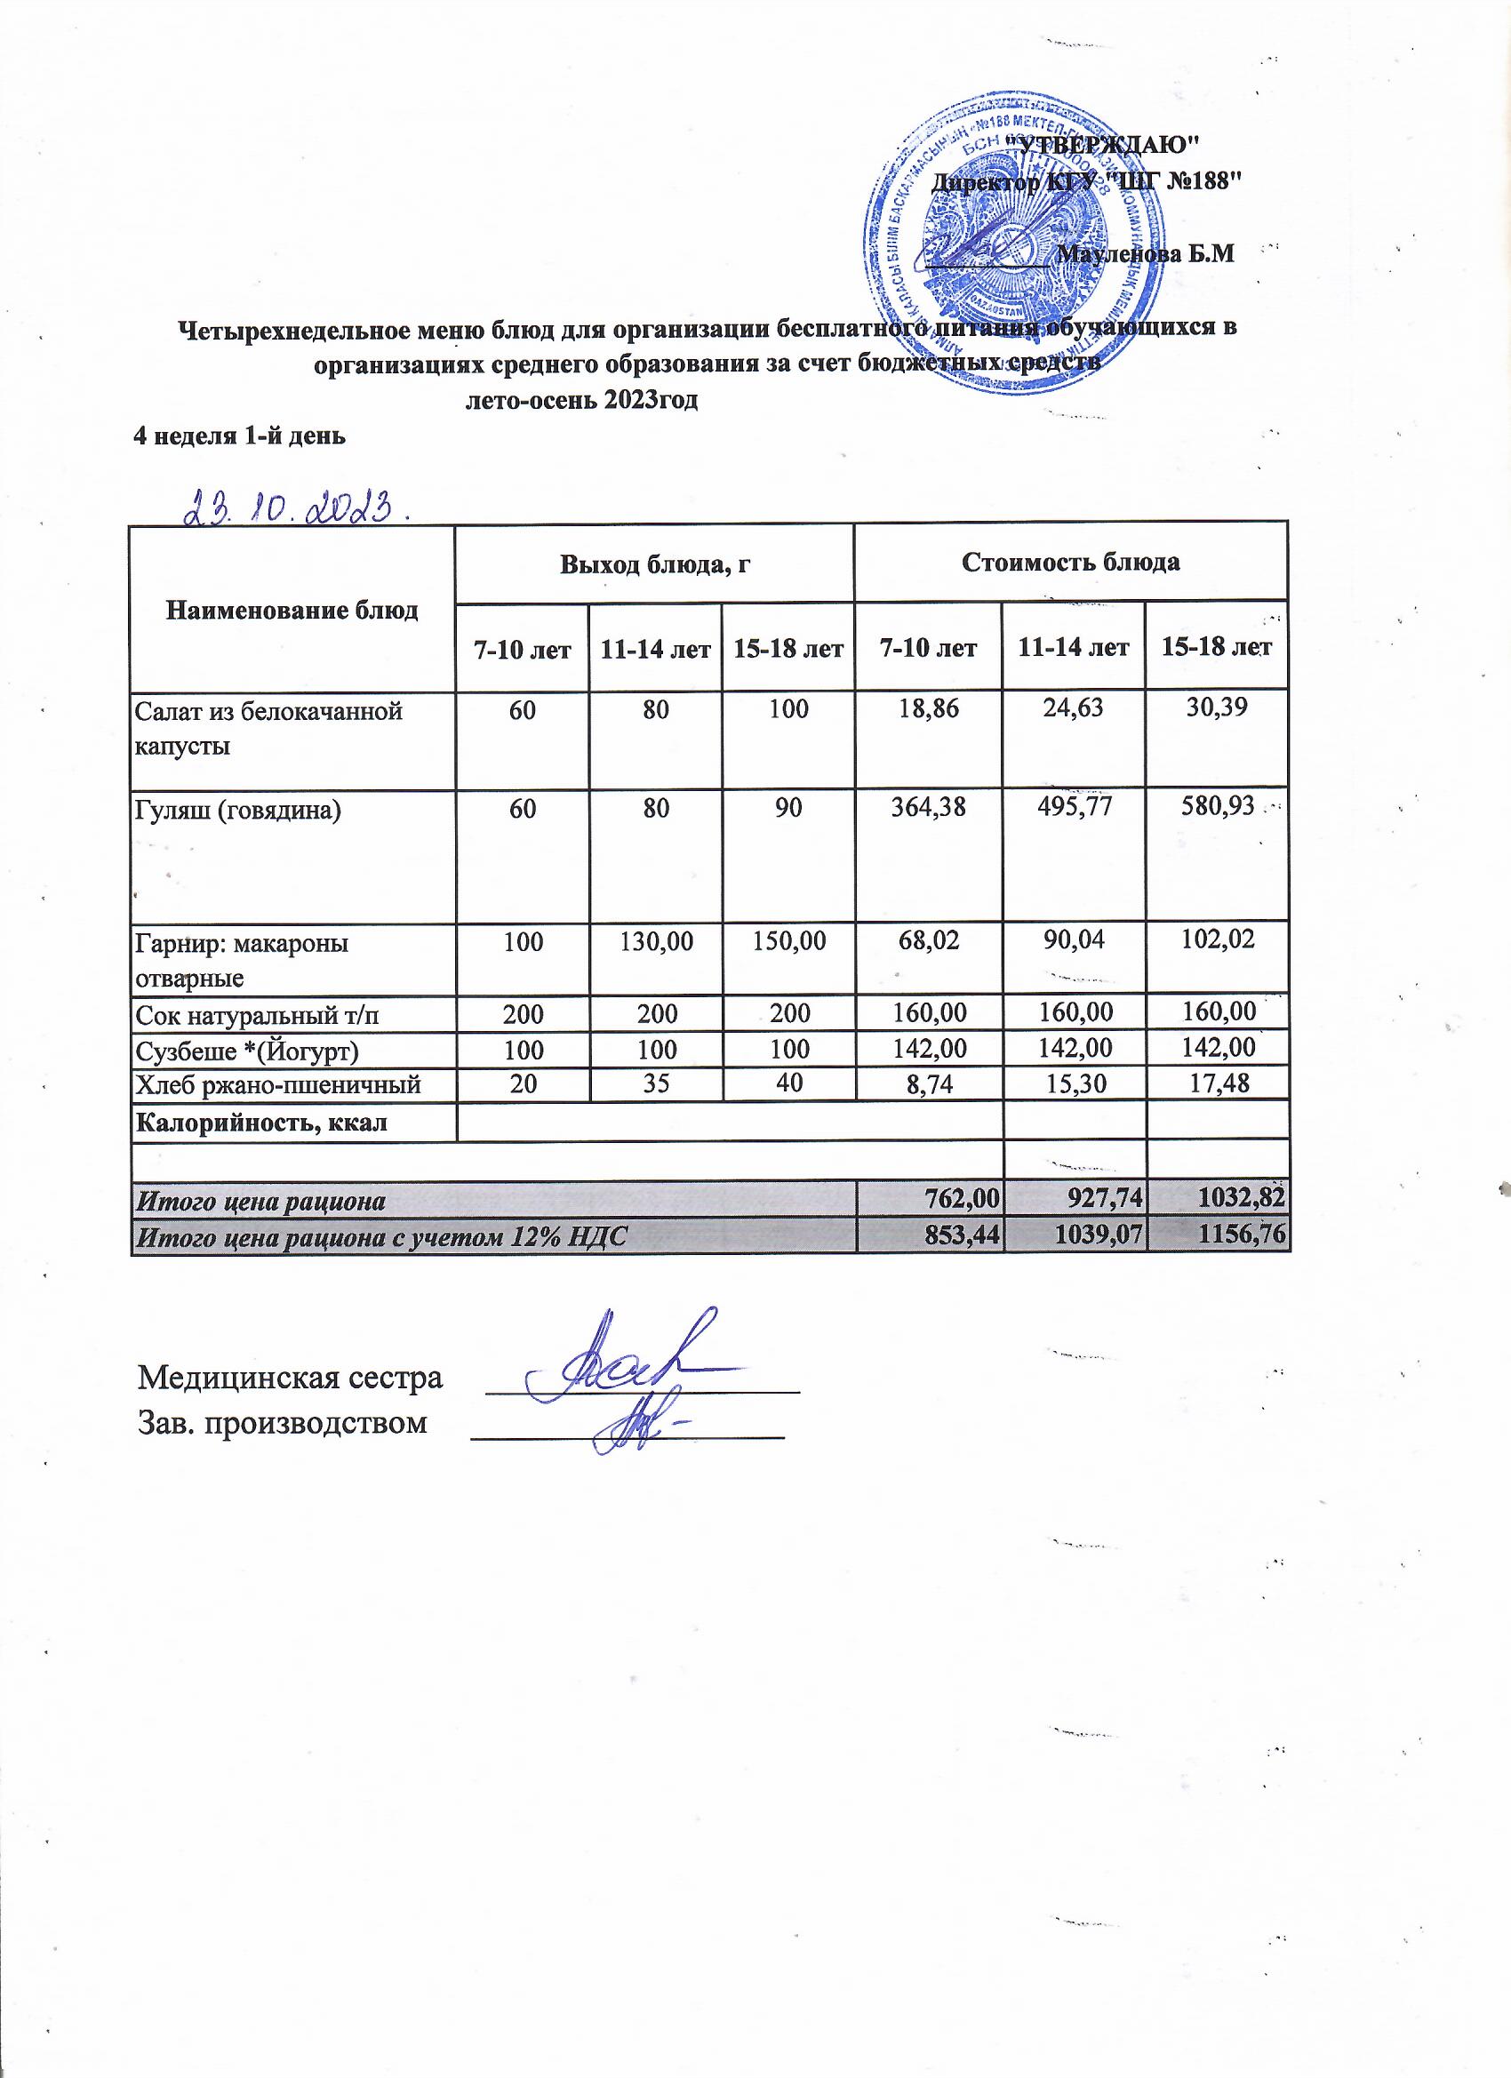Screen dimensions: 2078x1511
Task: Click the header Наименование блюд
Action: (292, 611)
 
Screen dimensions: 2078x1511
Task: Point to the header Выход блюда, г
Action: (655, 563)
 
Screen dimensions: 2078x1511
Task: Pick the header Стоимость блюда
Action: (1069, 562)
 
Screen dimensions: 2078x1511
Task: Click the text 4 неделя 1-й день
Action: (239, 436)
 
